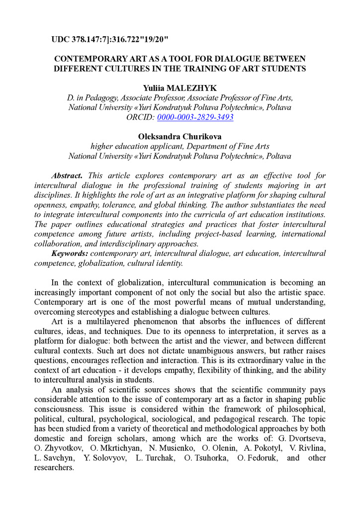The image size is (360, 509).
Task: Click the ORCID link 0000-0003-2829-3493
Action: click(195, 117)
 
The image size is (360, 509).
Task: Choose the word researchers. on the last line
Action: click(54, 468)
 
